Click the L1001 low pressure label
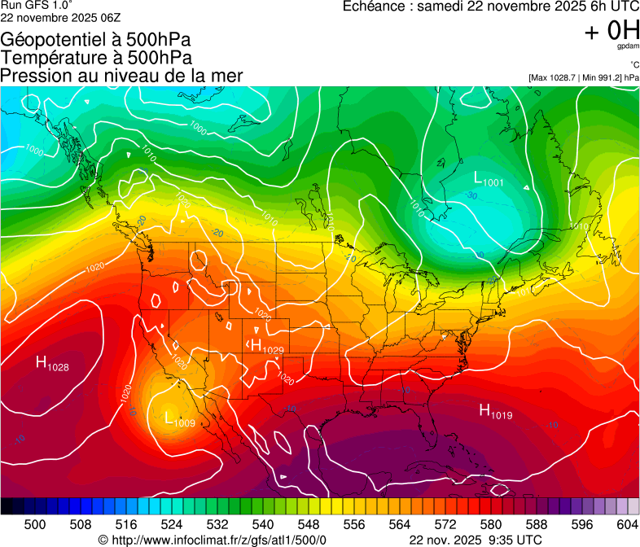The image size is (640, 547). tap(489, 180)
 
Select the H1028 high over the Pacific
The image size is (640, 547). tap(52, 364)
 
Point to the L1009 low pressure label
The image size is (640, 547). tap(179, 420)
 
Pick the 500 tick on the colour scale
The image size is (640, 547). tap(35, 525)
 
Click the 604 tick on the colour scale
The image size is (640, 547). tap(627, 525)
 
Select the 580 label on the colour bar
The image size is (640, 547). tap(490, 525)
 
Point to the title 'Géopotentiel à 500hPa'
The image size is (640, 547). tap(96, 40)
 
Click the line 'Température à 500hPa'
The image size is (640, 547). tap(96, 58)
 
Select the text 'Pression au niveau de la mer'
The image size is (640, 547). tap(121, 76)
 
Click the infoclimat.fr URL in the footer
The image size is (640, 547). tap(212, 540)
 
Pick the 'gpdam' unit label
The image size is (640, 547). tap(627, 48)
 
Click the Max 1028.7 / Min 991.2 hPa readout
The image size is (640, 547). tap(583, 77)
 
